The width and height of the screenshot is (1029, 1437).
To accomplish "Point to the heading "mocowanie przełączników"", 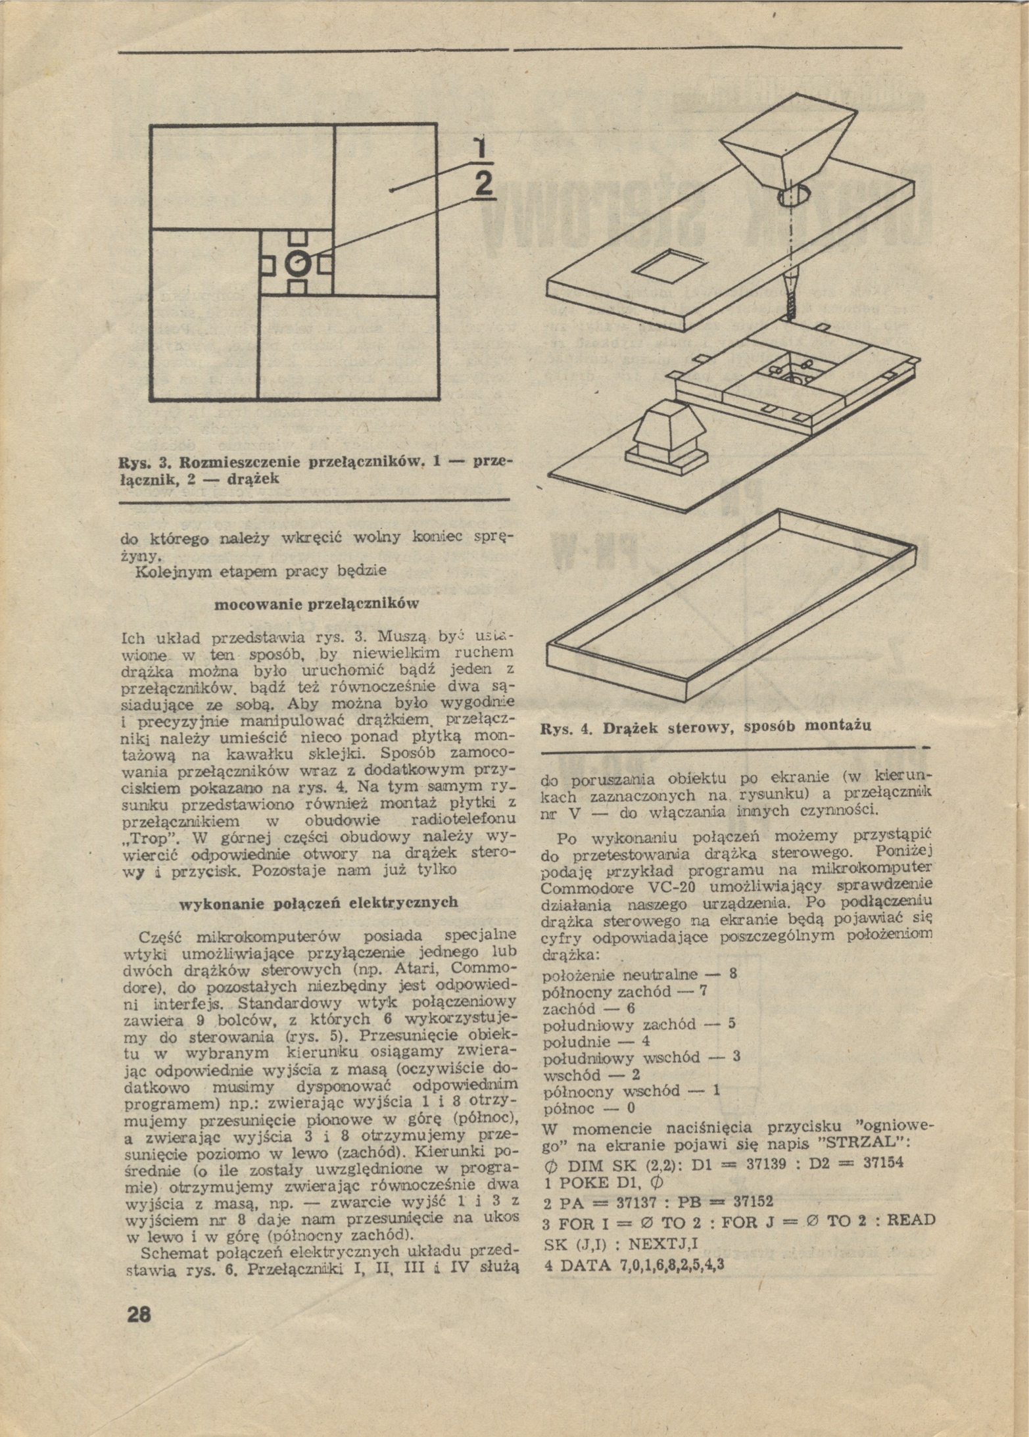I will (x=318, y=603).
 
